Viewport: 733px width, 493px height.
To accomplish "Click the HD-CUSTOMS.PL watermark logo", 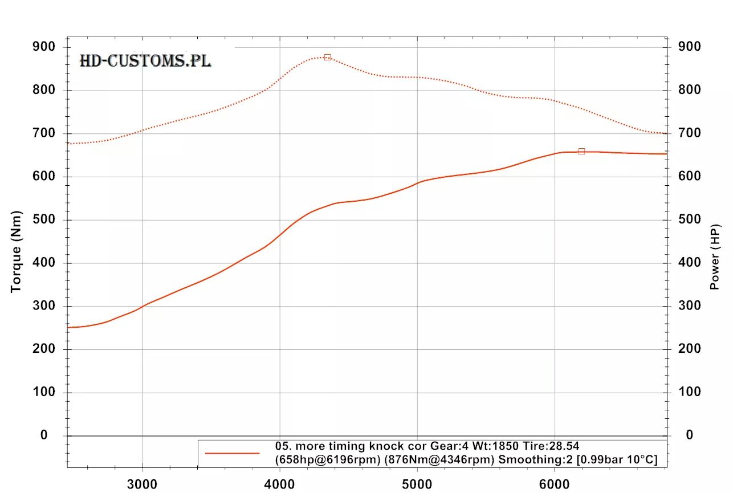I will [x=145, y=61].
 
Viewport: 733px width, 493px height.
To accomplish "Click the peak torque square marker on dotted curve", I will [x=327, y=57].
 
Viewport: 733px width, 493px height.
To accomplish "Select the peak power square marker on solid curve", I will [x=581, y=151].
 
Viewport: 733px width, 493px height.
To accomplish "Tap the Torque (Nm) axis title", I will [x=16, y=251].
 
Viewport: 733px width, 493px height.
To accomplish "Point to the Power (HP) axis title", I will [x=716, y=257].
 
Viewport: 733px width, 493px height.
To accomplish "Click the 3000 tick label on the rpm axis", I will [x=141, y=484].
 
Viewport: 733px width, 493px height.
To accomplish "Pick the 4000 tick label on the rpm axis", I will [x=279, y=484].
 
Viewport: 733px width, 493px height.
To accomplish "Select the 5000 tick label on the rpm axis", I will [x=417, y=484].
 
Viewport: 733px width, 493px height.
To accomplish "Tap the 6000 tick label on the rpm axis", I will [x=555, y=484].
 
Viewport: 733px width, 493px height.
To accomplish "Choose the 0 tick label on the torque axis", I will [x=43, y=435].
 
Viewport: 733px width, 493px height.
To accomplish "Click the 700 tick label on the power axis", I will [x=689, y=133].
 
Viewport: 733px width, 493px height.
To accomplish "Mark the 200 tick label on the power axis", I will [x=689, y=349].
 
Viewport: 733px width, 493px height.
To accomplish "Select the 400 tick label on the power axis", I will [x=689, y=263].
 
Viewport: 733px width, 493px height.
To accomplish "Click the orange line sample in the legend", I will [x=232, y=453].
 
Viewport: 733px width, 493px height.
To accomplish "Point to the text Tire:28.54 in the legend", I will [x=550, y=446].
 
